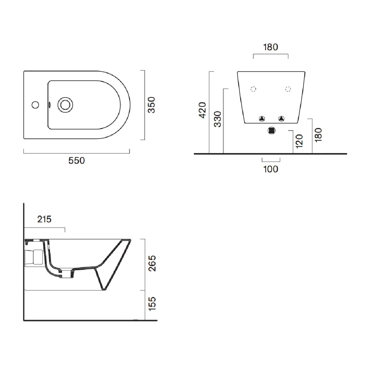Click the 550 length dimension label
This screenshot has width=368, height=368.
[x=76, y=160]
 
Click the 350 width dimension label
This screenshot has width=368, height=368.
[x=151, y=105]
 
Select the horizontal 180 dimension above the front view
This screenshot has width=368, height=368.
[x=270, y=47]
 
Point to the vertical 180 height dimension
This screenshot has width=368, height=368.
[x=318, y=135]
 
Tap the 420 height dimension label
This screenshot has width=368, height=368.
[x=202, y=110]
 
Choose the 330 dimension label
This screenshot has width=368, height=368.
[x=217, y=119]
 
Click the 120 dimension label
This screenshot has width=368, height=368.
[x=299, y=141]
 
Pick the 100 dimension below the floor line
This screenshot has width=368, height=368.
[x=270, y=169]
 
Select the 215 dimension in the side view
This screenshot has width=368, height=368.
[x=44, y=219]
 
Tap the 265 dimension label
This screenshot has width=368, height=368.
[x=152, y=263]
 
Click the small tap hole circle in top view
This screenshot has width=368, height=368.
[x=35, y=105]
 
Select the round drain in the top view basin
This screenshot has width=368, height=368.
[x=65, y=105]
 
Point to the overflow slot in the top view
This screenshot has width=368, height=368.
[x=49, y=105]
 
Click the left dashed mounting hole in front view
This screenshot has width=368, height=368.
[x=253, y=89]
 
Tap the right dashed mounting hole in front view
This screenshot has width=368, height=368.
[x=288, y=89]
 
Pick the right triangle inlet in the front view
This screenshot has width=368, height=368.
[x=281, y=119]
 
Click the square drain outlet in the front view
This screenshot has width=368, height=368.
[x=271, y=131]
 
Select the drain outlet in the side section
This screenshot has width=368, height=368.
[x=67, y=274]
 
